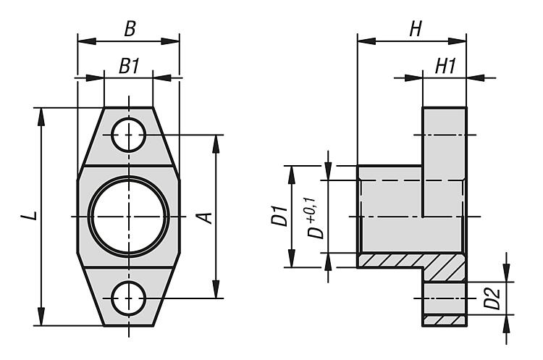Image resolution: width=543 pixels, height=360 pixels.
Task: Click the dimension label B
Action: pyautogui.click(x=129, y=29)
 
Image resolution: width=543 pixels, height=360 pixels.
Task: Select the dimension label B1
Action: pyautogui.click(x=129, y=66)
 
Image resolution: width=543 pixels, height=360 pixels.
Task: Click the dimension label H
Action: pyautogui.click(x=415, y=29)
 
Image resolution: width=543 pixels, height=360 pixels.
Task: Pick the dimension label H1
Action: pyautogui.click(x=445, y=66)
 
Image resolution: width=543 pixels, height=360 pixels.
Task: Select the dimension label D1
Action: pyautogui.click(x=281, y=217)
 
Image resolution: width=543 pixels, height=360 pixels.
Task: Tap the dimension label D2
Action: pyautogui.click(x=492, y=298)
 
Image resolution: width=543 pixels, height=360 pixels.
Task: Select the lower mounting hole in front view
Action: pyautogui.click(x=129, y=298)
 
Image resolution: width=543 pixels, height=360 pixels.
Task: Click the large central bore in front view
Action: pyautogui.click(x=129, y=216)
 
